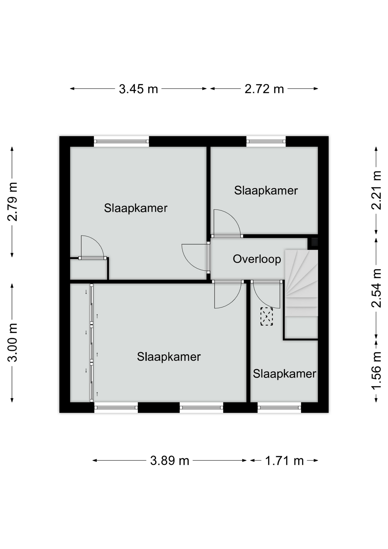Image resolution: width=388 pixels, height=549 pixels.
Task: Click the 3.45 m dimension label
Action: coord(139,89)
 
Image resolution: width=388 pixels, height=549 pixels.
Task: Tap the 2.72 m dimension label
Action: coord(264,89)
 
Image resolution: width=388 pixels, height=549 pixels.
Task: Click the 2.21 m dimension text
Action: coord(377,190)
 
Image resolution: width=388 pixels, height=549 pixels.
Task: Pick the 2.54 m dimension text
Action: coord(377,288)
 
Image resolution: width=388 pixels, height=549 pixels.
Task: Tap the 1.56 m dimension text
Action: coord(377,371)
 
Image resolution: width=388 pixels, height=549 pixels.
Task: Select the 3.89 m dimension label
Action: coord(170,461)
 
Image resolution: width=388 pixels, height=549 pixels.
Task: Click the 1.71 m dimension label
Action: coord(285,461)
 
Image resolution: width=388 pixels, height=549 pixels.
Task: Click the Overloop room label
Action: coord(257,259)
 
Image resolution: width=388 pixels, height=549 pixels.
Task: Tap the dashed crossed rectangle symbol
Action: coord(267,316)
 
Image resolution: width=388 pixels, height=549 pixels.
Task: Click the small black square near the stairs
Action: coord(314,242)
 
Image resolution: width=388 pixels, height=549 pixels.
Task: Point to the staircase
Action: coord(301,295)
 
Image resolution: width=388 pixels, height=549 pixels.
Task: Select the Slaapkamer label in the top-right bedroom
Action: coord(266,190)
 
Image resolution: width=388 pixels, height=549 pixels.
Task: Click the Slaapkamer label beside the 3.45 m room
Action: coord(136,208)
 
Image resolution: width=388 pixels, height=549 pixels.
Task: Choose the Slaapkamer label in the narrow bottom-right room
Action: coord(285,374)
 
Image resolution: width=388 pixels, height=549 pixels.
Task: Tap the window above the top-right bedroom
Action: coord(266,141)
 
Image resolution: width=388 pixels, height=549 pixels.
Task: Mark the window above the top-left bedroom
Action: coord(121,141)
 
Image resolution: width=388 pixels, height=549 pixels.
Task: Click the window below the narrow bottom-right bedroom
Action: coord(279,407)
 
